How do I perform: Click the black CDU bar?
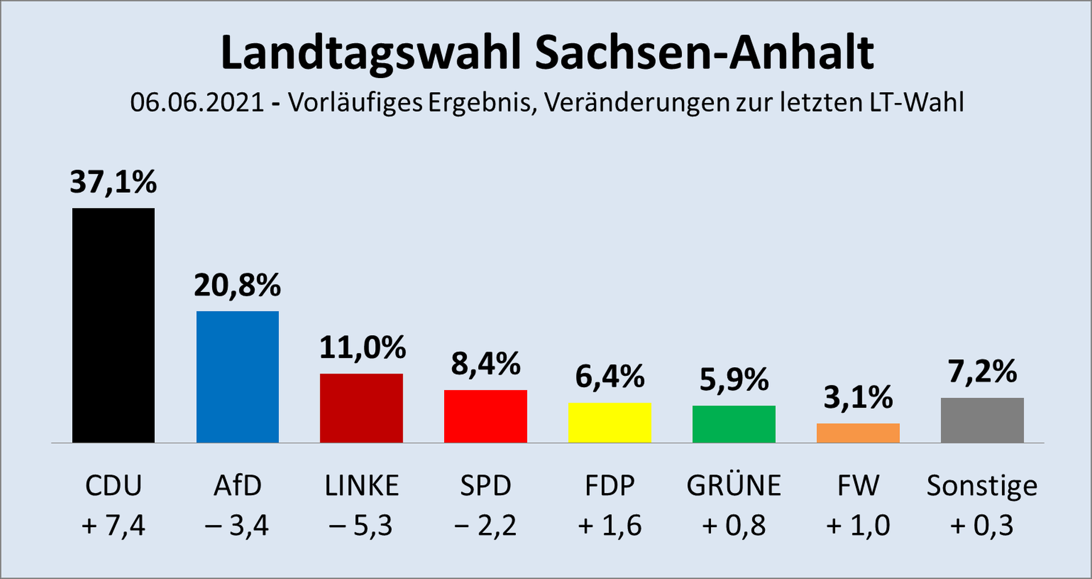tap(113, 325)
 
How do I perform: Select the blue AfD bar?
tap(237, 376)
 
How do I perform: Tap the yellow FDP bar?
tap(610, 422)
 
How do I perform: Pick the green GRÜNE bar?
tap(734, 424)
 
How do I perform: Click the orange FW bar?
tap(858, 433)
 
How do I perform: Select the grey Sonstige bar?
tap(982, 420)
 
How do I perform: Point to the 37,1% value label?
tap(113, 182)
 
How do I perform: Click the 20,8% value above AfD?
tap(237, 285)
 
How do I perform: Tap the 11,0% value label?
tap(362, 347)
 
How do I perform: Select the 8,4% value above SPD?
tap(486, 364)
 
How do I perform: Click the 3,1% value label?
tap(858, 397)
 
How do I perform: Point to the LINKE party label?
tap(362, 486)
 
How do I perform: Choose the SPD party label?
tap(486, 486)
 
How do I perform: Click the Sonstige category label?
tap(982, 486)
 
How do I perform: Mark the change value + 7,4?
tap(113, 525)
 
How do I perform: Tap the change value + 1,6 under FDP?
tap(610, 525)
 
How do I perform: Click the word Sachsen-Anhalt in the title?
tap(704, 53)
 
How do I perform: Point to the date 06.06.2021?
tap(197, 102)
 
